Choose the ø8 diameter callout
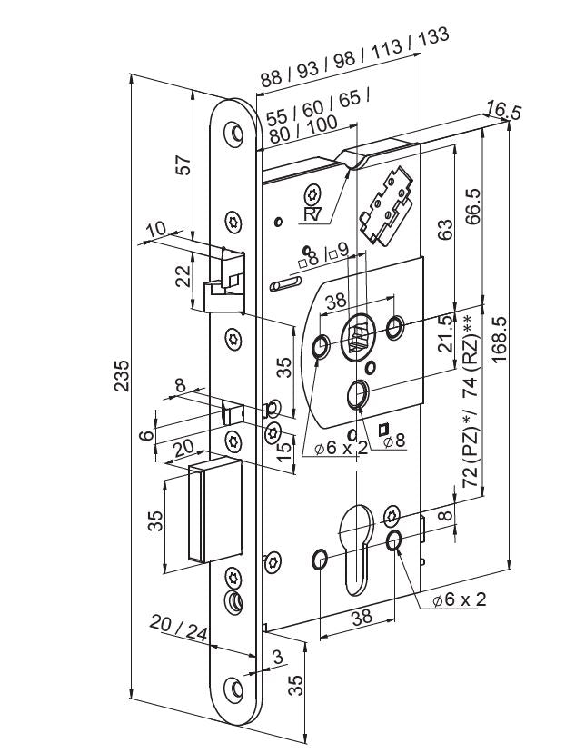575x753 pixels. pyautogui.click(x=393, y=441)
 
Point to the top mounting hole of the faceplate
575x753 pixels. pyautogui.click(x=237, y=134)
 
